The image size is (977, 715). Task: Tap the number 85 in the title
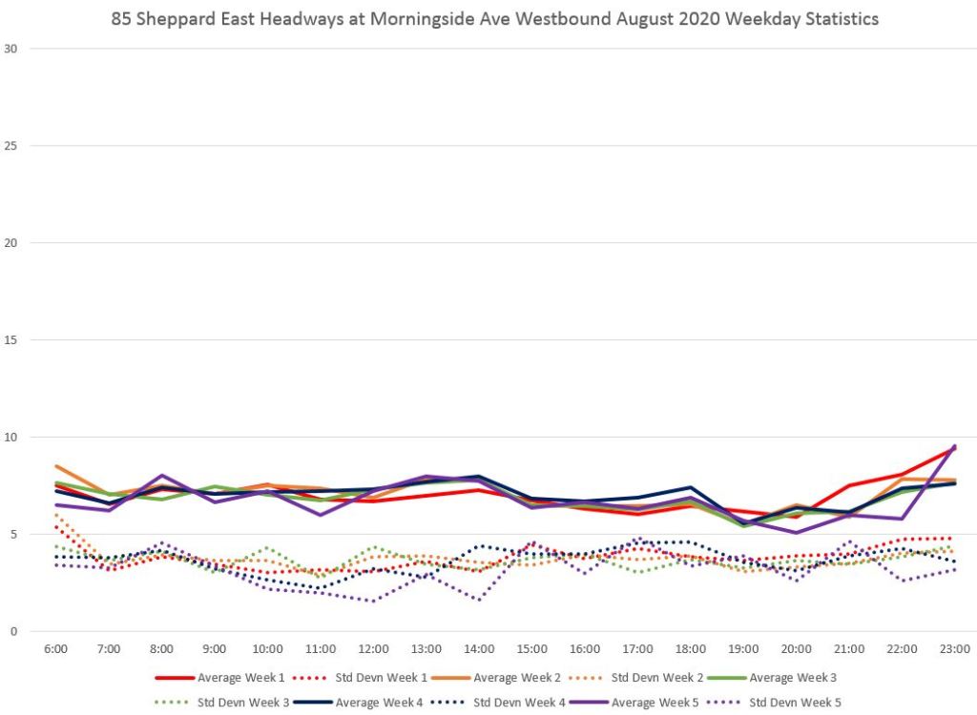click(121, 18)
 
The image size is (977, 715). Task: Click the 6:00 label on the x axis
click(56, 649)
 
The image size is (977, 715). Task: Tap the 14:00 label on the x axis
click(479, 649)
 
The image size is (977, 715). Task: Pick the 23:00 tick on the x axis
click(954, 649)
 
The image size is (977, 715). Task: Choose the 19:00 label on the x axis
click(743, 649)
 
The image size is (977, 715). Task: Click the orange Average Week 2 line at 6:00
click(57, 466)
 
